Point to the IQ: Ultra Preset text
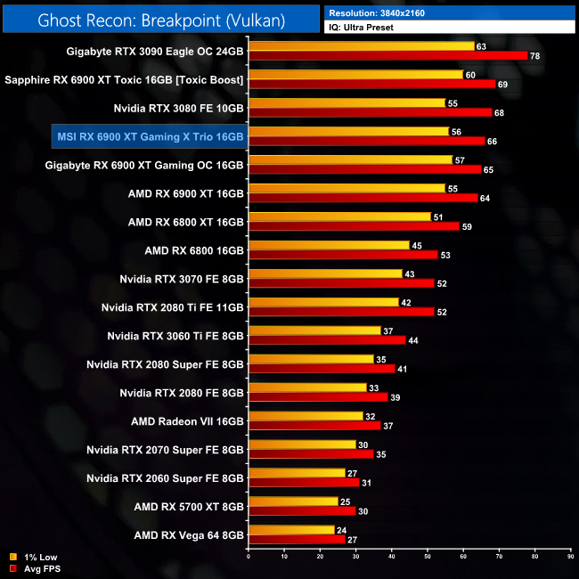coord(362,28)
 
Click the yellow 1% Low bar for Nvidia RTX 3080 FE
coord(347,103)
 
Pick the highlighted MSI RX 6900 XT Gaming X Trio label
coord(149,135)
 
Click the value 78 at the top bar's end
coord(534,56)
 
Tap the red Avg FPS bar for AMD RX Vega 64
coord(297,538)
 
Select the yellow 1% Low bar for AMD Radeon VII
coord(306,416)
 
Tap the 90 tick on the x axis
coord(569,557)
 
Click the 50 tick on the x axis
coord(427,557)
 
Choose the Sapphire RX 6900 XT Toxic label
coord(124,79)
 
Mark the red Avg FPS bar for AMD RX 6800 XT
coord(354,226)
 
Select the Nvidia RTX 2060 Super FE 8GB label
coord(165,477)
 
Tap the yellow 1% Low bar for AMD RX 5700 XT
coord(293,501)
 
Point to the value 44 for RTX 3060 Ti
coord(412,340)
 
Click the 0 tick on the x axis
coord(249,557)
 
